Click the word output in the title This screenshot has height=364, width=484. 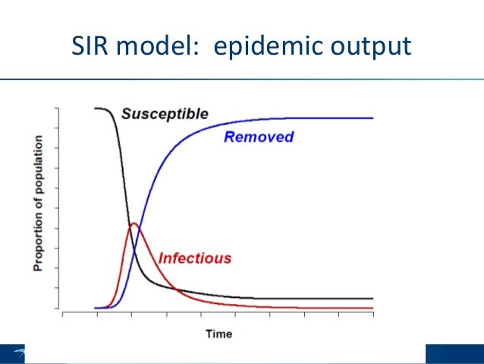click(372, 47)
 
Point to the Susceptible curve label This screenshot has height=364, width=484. click(165, 114)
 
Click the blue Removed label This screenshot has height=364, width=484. click(258, 138)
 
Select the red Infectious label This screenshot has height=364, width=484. click(194, 258)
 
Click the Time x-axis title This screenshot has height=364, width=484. click(218, 334)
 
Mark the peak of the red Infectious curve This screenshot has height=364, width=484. click(134, 223)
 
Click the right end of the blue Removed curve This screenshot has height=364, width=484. click(373, 118)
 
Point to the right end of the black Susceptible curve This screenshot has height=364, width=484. click(373, 299)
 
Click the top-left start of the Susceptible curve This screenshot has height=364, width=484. click(96, 109)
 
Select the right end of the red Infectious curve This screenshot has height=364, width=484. click(373, 308)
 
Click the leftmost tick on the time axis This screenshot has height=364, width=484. click(63, 313)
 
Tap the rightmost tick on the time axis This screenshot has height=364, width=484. click(373, 313)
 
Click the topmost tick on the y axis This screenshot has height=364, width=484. click(58, 108)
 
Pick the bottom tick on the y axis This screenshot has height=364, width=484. click(58, 308)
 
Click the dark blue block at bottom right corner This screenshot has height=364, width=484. click(454, 354)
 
